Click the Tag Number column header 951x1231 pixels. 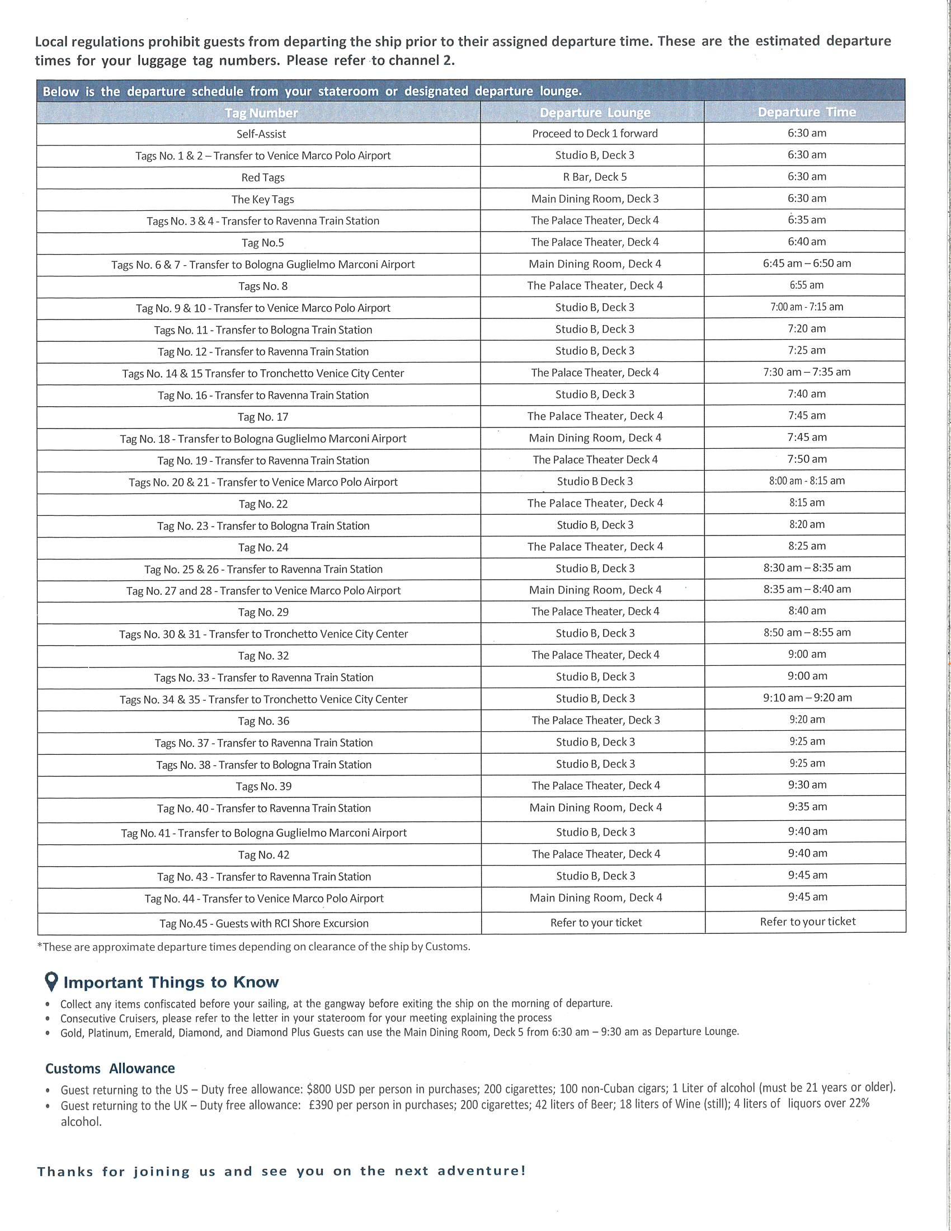tap(261, 112)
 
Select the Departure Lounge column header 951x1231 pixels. tap(594, 112)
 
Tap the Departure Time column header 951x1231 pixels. tap(806, 112)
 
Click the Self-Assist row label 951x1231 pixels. tap(261, 134)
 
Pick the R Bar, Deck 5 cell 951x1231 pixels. tap(594, 177)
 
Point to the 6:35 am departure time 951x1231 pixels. tap(806, 220)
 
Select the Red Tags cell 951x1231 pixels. tap(262, 177)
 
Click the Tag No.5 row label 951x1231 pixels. tap(262, 243)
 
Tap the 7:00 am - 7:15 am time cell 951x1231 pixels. tap(806, 307)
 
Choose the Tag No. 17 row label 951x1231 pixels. tap(262, 417)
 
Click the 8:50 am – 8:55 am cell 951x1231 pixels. tap(807, 632)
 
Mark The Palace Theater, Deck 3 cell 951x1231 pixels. tap(596, 720)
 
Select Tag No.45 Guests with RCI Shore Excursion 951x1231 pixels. tap(263, 923)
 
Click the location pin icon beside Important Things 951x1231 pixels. tap(51, 981)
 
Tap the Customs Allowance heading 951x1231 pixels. tap(110, 1069)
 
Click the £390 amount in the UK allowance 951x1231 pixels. tap(323, 1105)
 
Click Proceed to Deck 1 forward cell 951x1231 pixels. tap(594, 134)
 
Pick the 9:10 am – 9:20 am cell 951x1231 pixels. tap(807, 698)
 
